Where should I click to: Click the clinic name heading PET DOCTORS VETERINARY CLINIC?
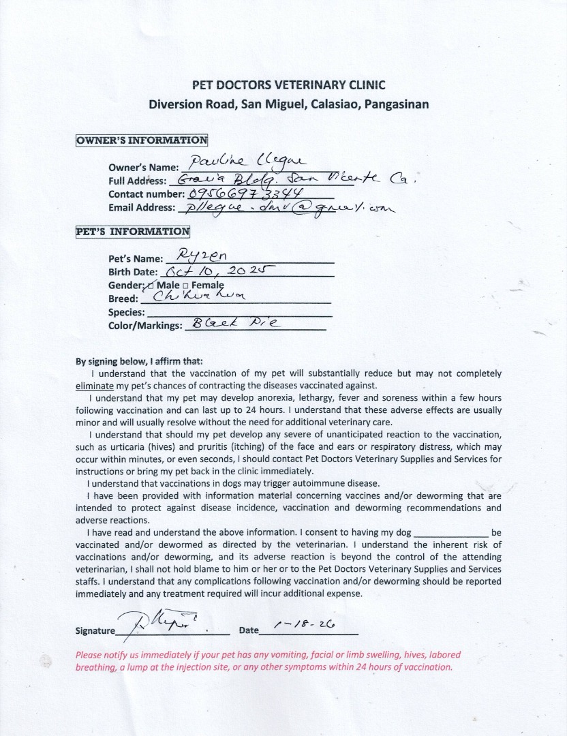click(x=288, y=85)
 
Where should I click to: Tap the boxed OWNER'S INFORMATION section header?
click(x=142, y=141)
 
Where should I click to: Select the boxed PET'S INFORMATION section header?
click(x=132, y=231)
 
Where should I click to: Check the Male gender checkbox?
click(x=150, y=284)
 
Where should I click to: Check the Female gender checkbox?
click(x=185, y=284)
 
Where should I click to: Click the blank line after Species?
click(x=239, y=313)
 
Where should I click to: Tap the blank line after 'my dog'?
click(x=451, y=532)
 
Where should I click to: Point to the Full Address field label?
click(x=137, y=181)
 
